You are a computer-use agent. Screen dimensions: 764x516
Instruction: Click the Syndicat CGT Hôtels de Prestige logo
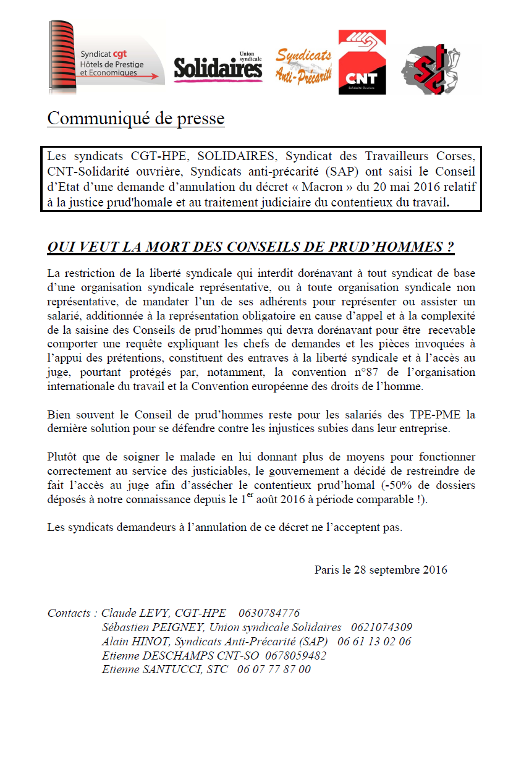click(x=106, y=58)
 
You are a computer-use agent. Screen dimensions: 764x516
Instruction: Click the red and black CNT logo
click(x=362, y=63)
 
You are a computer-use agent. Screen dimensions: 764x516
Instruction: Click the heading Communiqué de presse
click(x=135, y=118)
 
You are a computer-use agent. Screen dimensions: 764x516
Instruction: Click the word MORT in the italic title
click(x=168, y=247)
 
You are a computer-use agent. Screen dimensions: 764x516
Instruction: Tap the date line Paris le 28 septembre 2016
click(x=381, y=569)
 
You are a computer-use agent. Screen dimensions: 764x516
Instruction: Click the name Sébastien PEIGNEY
click(x=148, y=627)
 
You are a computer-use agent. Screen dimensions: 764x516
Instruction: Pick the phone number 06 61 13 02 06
click(x=376, y=642)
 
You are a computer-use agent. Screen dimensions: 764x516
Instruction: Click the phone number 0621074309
click(x=381, y=627)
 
